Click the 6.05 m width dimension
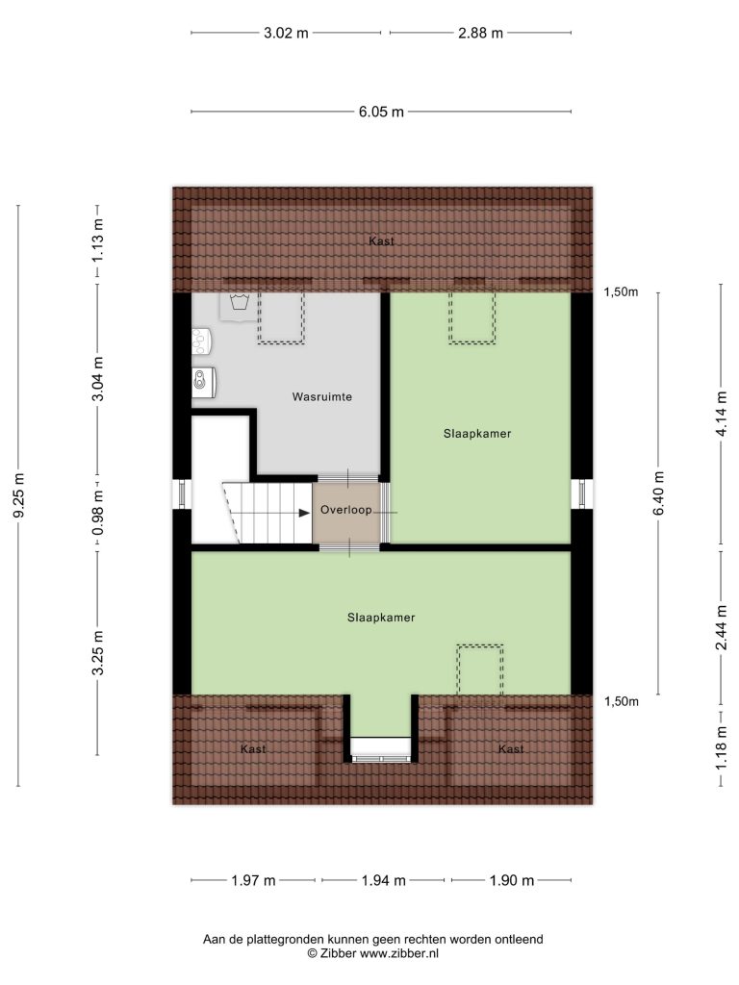coord(381,112)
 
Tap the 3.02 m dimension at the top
coord(286,33)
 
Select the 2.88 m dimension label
coord(480,33)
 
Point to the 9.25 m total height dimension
coord(19,495)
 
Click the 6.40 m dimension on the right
coord(658,493)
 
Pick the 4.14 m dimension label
coord(722,414)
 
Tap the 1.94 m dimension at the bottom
coord(383,880)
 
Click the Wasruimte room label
coord(321,397)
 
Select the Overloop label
coord(346,510)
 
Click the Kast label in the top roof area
coord(381,241)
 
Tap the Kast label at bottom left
coord(253,748)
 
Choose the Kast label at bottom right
coord(511,748)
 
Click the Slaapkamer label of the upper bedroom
coord(477,434)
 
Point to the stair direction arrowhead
coord(304,513)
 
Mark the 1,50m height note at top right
coord(621,292)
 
